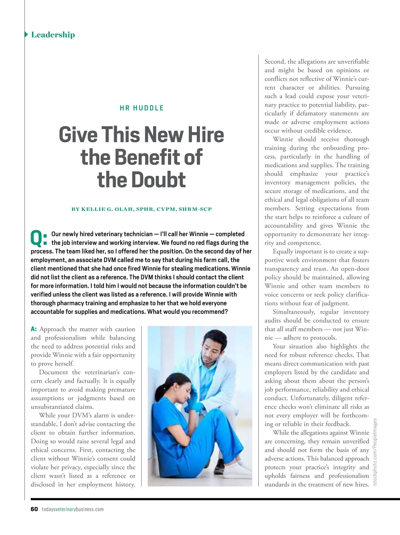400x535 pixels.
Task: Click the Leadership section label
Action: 53,35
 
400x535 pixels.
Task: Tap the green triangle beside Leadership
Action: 26,34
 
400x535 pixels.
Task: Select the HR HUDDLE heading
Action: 142,108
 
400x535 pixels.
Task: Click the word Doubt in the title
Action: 158,180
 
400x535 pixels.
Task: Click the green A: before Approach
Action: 34,329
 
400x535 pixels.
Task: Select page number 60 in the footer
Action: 34,509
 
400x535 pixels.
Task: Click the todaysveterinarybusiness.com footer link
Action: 73,509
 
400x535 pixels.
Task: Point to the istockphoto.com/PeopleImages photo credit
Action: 375,452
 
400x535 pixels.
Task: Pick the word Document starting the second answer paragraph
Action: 53,372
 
